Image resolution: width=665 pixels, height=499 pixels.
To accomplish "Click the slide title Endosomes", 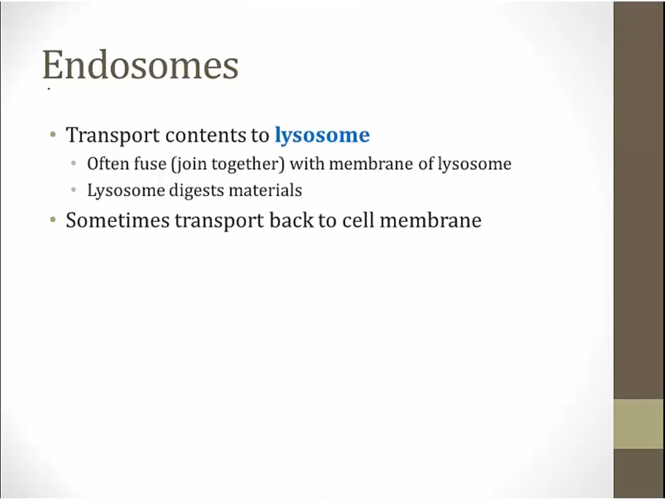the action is tap(140, 65).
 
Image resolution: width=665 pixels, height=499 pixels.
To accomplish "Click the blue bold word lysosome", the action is tap(322, 136).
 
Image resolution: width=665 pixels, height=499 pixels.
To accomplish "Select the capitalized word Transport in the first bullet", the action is tap(113, 136).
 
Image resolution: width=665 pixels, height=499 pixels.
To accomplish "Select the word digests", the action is tap(197, 191).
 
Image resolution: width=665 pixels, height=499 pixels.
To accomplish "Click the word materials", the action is tap(265, 190).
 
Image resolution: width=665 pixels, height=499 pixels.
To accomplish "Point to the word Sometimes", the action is tap(117, 220).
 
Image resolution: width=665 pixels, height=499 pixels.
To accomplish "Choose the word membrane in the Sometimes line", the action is tap(430, 220).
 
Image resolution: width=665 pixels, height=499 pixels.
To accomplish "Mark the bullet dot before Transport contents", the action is tap(53, 135).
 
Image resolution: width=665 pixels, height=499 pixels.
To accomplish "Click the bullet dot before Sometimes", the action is tap(53, 220).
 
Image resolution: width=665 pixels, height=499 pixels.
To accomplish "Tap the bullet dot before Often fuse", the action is tap(74, 163).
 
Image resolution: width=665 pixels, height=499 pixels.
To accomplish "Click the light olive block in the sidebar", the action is tap(639, 424).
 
